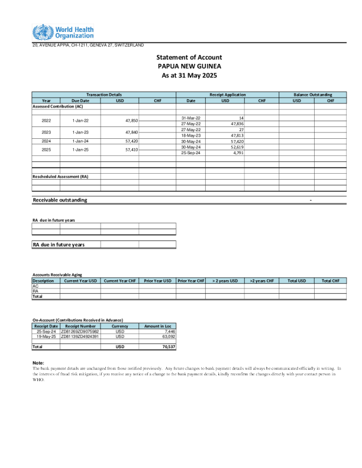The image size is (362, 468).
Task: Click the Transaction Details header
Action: point(104,95)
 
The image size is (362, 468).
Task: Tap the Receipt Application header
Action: point(228,95)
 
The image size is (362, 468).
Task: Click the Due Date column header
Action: point(81,100)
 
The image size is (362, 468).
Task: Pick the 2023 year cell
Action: point(46,132)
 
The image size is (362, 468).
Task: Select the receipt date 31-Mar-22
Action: point(191,118)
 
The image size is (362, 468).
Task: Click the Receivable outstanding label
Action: point(60,200)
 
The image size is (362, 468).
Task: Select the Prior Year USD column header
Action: point(157,281)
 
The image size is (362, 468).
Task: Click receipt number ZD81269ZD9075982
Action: point(80,331)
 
